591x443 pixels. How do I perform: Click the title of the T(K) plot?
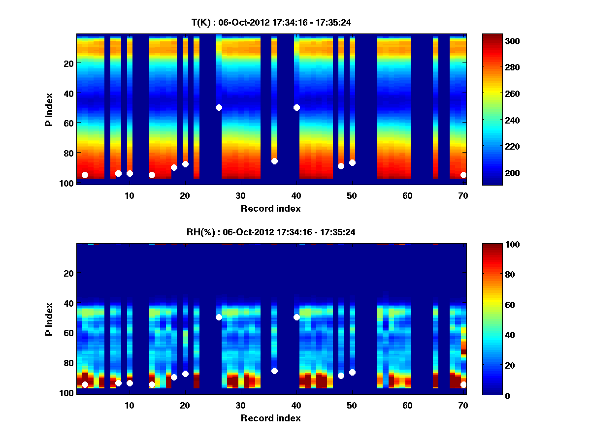(x=271, y=22)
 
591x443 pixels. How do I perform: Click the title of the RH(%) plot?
(x=271, y=232)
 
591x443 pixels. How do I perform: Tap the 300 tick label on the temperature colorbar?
(x=494, y=41)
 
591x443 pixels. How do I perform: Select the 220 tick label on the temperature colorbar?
(x=494, y=147)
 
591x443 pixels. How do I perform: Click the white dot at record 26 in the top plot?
(x=219, y=107)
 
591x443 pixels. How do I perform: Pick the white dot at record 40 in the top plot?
(x=296, y=107)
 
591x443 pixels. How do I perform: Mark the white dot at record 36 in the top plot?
(x=274, y=161)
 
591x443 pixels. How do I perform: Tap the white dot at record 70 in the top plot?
(x=463, y=175)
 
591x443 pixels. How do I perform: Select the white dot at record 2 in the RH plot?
(x=85, y=384)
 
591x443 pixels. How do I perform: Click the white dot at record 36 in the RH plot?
(x=274, y=371)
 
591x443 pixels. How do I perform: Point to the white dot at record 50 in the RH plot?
(x=352, y=372)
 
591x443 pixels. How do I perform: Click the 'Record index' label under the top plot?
(x=271, y=208)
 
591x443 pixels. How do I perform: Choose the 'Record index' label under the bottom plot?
(x=271, y=418)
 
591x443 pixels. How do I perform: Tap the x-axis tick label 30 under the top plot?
(x=240, y=195)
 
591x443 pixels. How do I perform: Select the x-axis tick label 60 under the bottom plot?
(x=408, y=405)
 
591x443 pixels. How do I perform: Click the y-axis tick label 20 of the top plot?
(x=68, y=63)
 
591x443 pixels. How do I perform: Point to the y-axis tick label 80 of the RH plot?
(x=68, y=363)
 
